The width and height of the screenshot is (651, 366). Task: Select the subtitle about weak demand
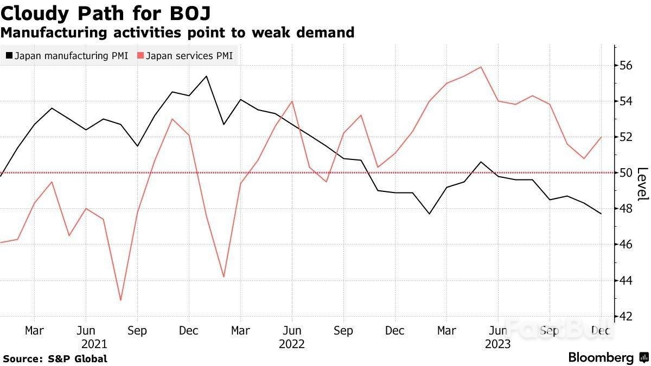click(x=177, y=33)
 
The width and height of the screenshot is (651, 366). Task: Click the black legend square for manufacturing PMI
click(x=9, y=55)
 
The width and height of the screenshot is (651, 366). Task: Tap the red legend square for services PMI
click(x=141, y=55)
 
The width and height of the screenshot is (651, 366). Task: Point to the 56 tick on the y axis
click(x=626, y=66)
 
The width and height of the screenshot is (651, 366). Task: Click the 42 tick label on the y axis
click(x=626, y=316)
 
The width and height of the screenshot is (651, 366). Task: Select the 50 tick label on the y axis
click(x=626, y=173)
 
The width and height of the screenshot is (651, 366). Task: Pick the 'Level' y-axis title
click(x=642, y=184)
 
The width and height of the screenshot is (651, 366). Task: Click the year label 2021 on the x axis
click(x=94, y=344)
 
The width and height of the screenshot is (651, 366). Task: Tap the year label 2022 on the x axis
click(x=292, y=344)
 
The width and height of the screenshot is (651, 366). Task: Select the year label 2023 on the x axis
click(x=497, y=344)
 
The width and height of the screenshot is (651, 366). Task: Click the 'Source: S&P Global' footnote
click(x=55, y=359)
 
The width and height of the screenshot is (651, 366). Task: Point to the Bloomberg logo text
click(x=601, y=358)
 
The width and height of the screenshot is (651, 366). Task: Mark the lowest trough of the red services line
click(x=120, y=300)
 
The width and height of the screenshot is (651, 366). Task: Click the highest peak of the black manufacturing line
click(x=206, y=76)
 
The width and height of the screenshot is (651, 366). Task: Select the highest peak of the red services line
click(x=481, y=67)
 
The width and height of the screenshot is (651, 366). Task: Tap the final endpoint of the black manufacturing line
click(x=601, y=214)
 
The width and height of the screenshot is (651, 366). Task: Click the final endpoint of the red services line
click(x=601, y=137)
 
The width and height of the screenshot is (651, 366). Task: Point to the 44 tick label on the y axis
click(x=626, y=280)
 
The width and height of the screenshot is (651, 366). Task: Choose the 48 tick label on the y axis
click(x=626, y=209)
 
